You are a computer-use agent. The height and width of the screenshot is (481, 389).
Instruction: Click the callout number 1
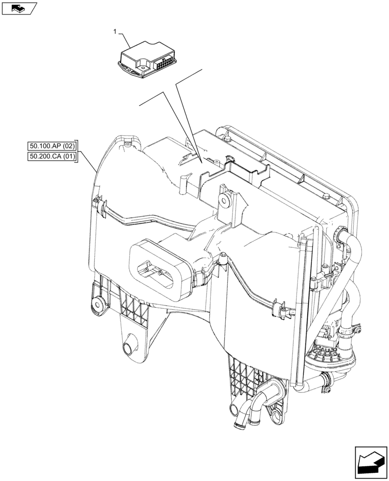tap(115, 32)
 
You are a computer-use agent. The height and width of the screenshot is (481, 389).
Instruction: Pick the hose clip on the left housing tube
tap(103, 207)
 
